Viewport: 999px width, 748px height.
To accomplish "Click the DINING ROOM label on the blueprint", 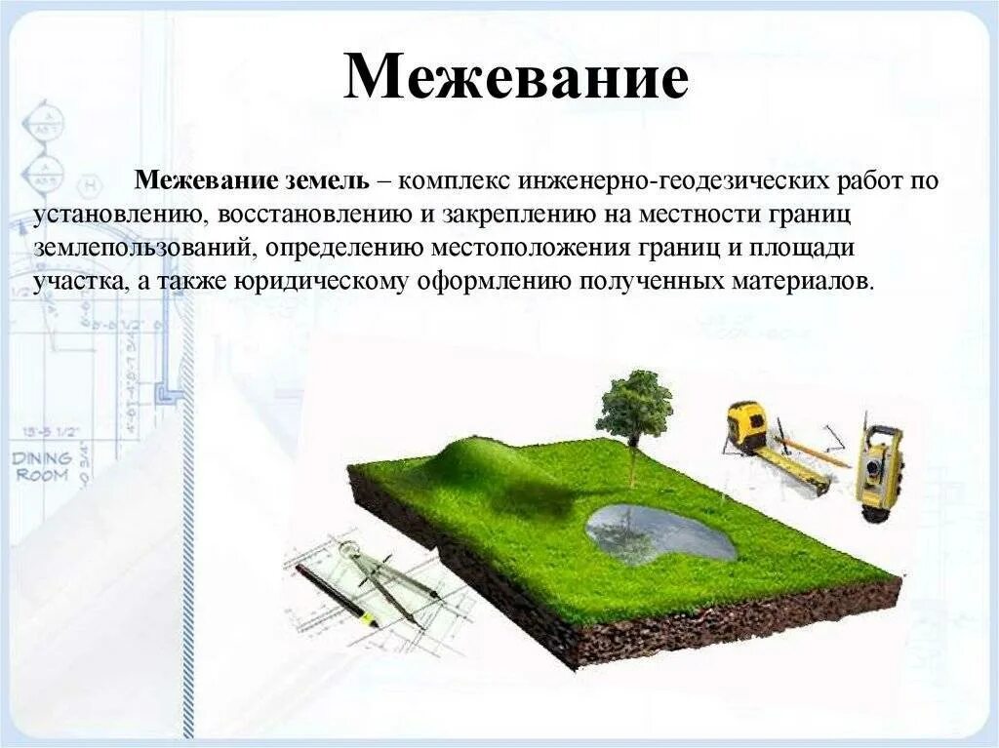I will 41,466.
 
